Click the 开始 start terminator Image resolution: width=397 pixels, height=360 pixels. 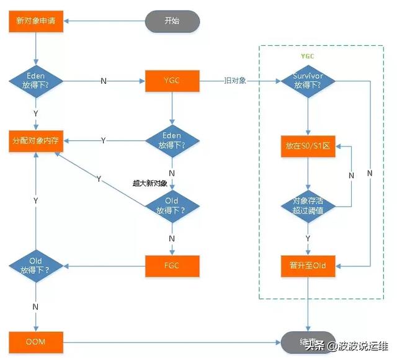click(172, 20)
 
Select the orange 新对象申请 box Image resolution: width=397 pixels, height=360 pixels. click(35, 20)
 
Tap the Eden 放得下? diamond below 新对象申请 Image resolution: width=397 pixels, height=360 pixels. click(35, 81)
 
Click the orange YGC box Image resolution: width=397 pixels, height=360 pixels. click(172, 81)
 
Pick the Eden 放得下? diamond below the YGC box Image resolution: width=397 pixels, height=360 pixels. click(172, 141)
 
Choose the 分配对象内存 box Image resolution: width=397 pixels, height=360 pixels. click(35, 141)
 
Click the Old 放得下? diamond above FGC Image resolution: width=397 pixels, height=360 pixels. click(172, 205)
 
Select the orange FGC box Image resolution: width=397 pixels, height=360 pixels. click(172, 266)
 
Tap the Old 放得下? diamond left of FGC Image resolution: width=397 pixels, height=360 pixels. click(35, 266)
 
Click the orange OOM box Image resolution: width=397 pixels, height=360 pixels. click(35, 341)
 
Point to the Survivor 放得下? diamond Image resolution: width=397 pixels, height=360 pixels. click(308, 81)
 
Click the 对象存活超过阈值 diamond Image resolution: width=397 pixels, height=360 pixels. click(308, 205)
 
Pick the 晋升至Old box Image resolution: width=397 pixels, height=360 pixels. click(308, 266)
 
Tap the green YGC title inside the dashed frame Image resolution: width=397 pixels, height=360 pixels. click(308, 56)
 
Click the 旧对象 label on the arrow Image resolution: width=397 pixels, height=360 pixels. click(236, 81)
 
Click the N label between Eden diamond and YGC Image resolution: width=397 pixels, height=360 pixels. click(104, 81)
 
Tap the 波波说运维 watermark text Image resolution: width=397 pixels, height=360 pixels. click(362, 345)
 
